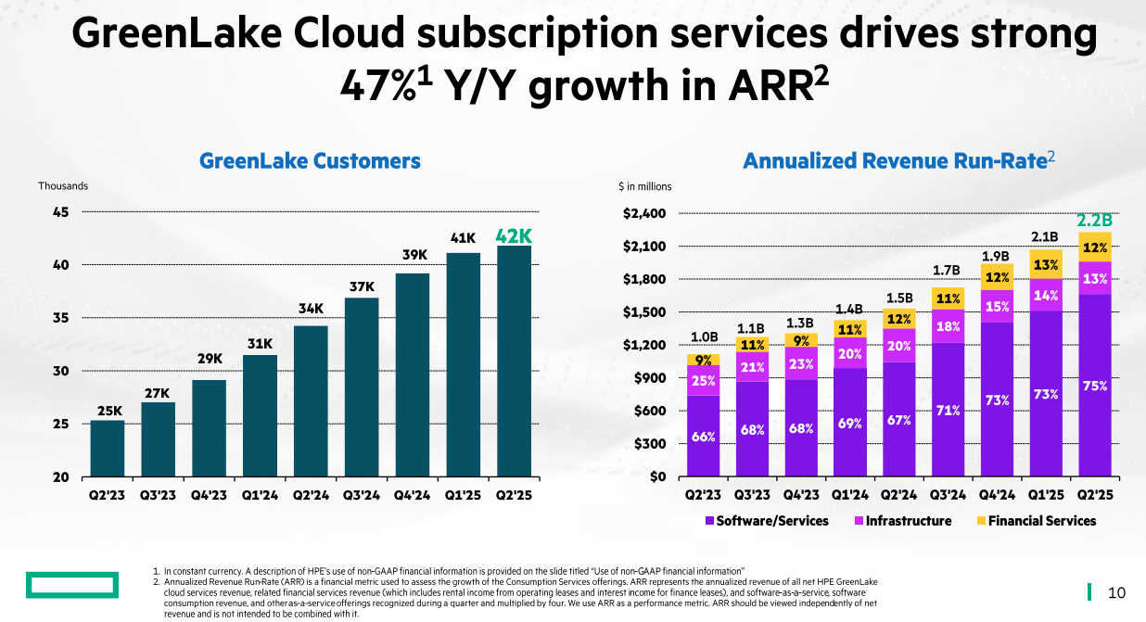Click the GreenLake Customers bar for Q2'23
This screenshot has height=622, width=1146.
108,449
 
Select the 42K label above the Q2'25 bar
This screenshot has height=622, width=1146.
514,236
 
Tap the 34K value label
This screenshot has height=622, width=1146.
311,308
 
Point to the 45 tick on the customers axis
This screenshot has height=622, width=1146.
60,211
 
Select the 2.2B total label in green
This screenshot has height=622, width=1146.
1094,221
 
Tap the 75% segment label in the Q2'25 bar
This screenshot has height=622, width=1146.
1095,386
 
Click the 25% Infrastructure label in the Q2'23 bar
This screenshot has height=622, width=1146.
704,380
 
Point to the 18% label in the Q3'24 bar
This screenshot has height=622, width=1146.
948,326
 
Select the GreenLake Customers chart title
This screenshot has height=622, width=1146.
310,161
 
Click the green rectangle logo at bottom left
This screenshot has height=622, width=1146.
71,585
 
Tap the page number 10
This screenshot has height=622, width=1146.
1116,592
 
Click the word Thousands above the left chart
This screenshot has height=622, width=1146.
63,185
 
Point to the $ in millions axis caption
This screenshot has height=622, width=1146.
644,186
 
